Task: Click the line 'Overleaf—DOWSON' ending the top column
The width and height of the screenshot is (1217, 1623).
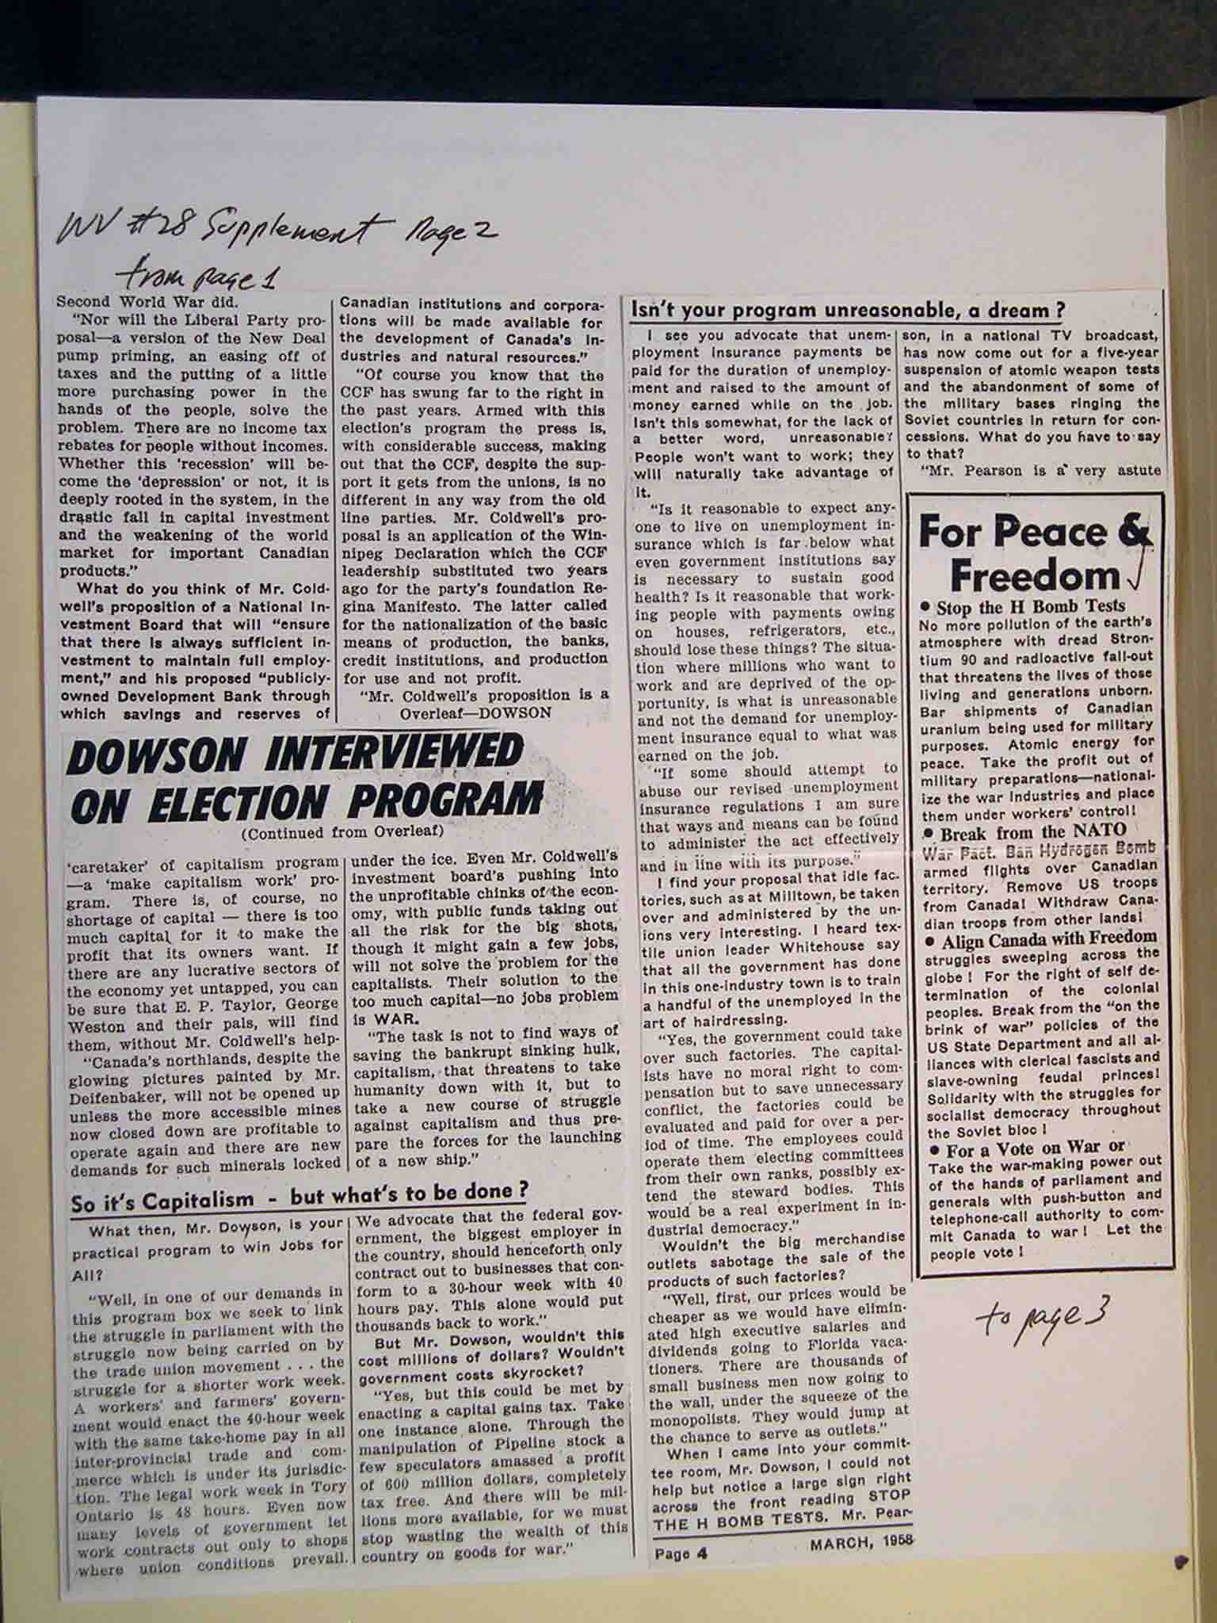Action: [475, 712]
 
